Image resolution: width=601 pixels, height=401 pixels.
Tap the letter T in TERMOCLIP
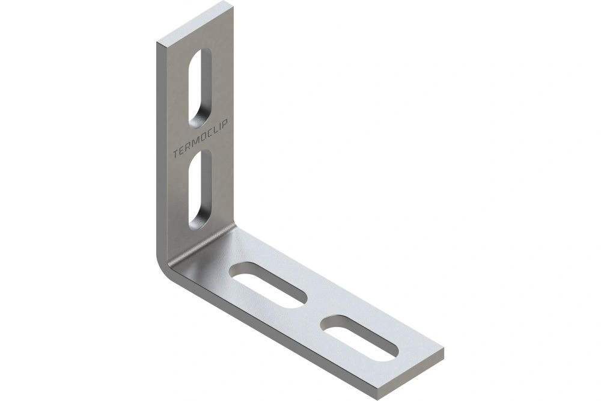pos(175,154)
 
